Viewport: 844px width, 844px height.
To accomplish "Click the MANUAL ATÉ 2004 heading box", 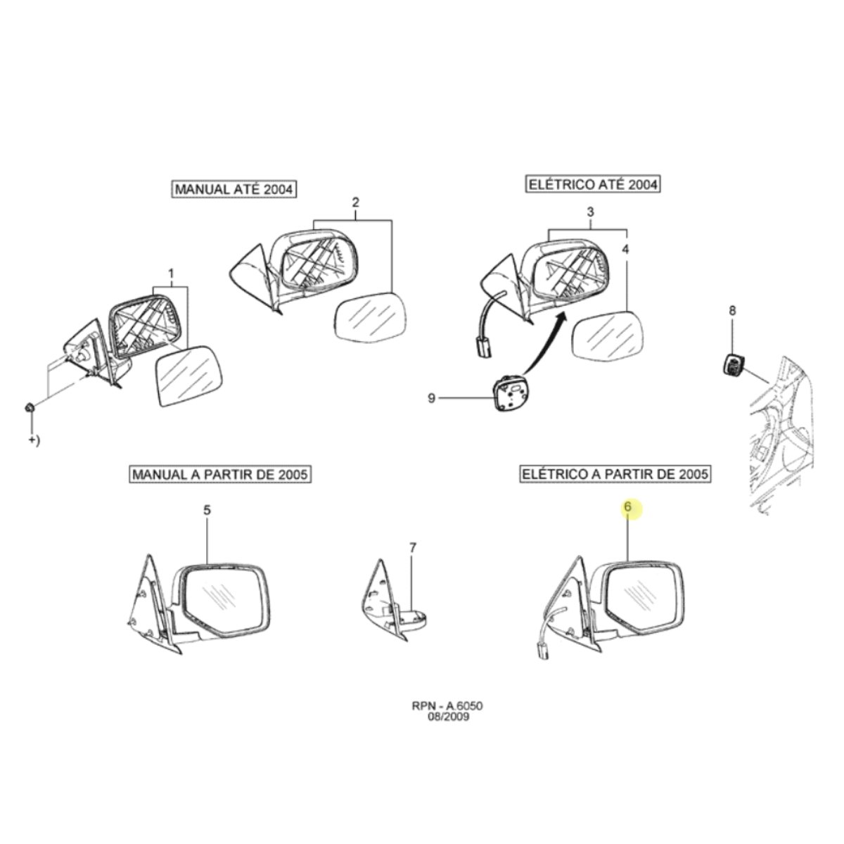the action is point(234,189).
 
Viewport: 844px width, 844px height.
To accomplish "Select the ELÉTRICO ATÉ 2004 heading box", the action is point(593,184).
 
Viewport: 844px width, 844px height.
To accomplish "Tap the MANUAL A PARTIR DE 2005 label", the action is point(220,474).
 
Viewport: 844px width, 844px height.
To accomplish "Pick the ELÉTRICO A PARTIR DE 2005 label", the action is point(615,473).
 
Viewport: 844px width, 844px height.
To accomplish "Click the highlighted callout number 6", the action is point(627,506).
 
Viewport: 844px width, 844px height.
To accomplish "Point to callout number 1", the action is point(171,274).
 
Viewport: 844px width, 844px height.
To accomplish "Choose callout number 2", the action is point(355,203).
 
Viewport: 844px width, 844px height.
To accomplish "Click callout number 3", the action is point(590,212).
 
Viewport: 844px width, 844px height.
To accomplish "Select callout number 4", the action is point(625,249).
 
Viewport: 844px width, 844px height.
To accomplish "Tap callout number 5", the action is point(207,510).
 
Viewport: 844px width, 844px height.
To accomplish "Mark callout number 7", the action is point(412,547).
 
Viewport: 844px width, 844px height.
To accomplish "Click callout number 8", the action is point(732,311).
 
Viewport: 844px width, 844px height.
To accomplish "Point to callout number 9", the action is point(431,399).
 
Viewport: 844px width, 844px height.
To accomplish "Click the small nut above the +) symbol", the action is point(30,408).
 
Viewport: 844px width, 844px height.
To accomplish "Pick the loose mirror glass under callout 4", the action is point(608,336).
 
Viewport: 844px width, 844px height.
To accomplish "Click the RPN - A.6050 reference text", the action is point(447,718).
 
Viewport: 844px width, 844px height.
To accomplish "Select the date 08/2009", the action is point(447,729).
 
